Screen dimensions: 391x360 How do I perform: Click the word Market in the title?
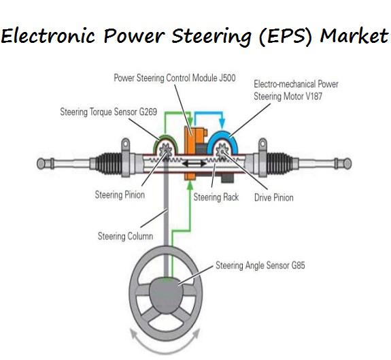click(x=354, y=35)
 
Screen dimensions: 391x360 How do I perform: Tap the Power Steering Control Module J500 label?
click(x=175, y=78)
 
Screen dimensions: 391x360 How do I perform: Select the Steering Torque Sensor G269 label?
click(x=109, y=112)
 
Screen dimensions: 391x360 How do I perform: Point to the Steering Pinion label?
click(x=120, y=195)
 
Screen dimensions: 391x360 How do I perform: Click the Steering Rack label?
click(x=216, y=197)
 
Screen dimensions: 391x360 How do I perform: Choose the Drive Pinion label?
click(x=274, y=197)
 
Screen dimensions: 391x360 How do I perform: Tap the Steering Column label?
click(x=125, y=236)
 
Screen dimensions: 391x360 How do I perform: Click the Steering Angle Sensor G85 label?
click(x=260, y=265)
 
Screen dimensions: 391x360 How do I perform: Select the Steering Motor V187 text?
click(x=288, y=97)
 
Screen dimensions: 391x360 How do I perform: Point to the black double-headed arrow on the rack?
click(x=194, y=163)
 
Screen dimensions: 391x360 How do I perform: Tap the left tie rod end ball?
click(x=40, y=163)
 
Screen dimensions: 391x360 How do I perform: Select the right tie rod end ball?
click(x=347, y=163)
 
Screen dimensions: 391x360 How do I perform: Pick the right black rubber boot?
click(x=279, y=163)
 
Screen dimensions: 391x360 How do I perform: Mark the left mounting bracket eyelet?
click(x=125, y=144)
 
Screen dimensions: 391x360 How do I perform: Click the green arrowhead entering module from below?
click(x=190, y=186)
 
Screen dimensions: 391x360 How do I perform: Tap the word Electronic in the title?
click(x=48, y=35)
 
